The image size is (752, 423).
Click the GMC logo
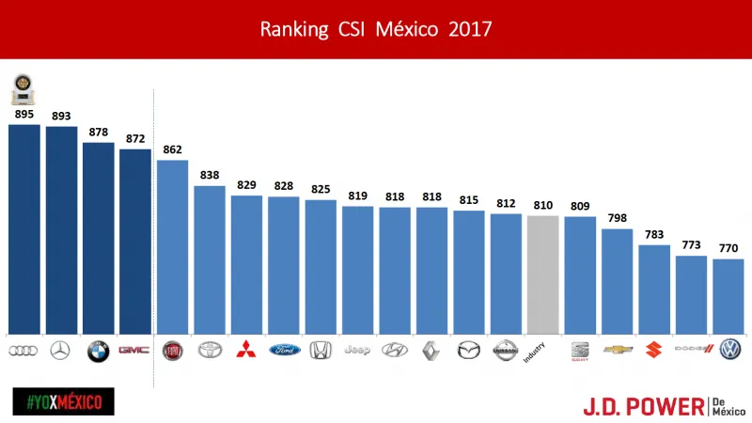[134, 350]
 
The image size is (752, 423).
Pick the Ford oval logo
[283, 350]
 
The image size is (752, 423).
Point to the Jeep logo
[357, 350]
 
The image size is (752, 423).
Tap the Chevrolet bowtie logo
[618, 350]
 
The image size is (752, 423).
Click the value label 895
[23, 114]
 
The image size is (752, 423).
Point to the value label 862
[172, 149]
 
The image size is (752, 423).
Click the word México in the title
[407, 29]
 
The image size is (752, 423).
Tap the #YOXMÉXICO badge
[63, 401]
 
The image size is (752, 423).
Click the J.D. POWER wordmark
[643, 405]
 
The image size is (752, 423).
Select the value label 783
[654, 234]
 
